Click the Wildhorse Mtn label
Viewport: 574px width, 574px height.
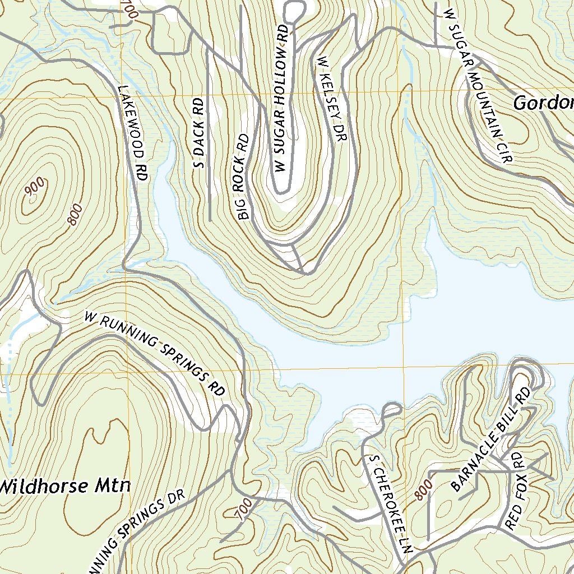64,486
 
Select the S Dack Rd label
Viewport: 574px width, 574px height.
198,133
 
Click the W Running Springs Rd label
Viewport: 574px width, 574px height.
154,353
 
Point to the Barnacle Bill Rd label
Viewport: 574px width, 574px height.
490,439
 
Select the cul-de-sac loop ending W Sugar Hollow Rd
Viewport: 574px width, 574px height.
294,10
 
